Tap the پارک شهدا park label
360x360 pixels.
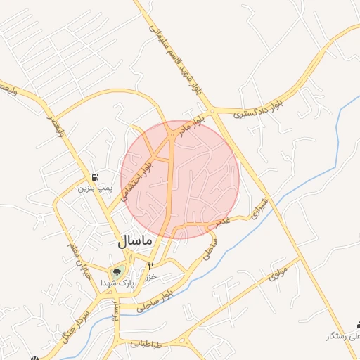pyautogui.click(x=115, y=282)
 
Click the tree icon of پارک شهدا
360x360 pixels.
pyautogui.click(x=116, y=271)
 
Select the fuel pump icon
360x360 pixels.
pyautogui.click(x=95, y=177)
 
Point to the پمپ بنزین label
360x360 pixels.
pyautogui.click(x=94, y=188)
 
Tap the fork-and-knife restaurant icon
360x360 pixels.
pyautogui.click(x=150, y=266)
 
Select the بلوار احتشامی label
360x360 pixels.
pyautogui.click(x=136, y=179)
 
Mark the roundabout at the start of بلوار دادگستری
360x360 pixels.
pyautogui.click(x=211, y=110)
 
